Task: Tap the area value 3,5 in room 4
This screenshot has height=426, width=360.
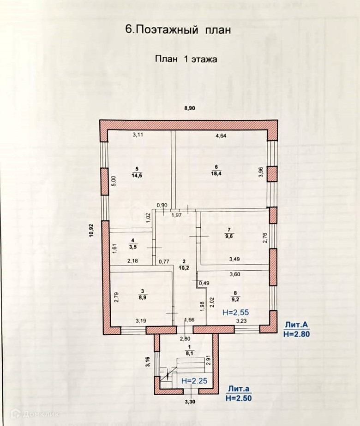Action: [133, 247]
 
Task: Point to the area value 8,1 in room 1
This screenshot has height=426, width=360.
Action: [188, 354]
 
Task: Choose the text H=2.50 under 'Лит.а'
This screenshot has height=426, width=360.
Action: [239, 398]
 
